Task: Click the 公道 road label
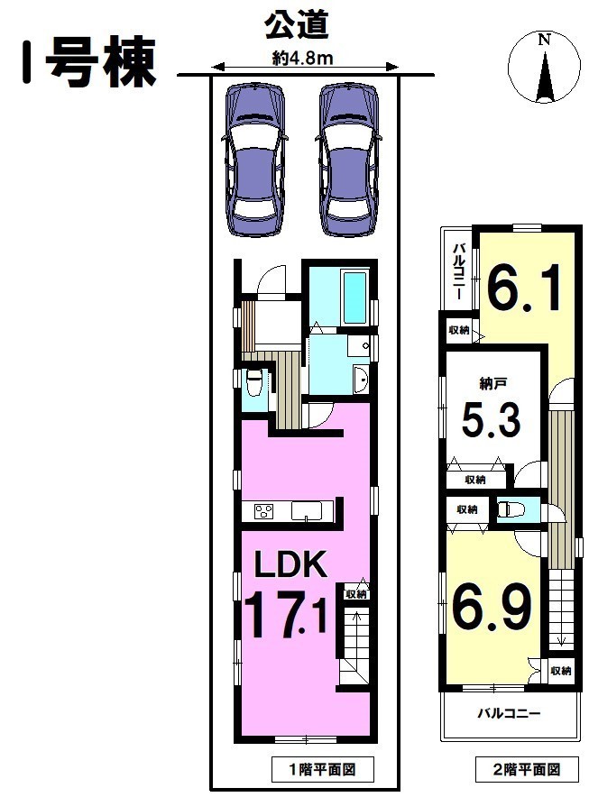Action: coord(297,25)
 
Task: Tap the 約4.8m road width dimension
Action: coord(303,59)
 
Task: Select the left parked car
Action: coord(254,160)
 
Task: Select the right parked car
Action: coord(350,160)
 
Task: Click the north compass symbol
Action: coord(544,67)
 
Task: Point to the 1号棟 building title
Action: coord(88,62)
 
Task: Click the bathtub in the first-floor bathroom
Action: coord(355,298)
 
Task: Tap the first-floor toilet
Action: coord(253,383)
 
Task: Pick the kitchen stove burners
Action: coord(264,511)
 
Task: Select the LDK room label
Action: coord(290,564)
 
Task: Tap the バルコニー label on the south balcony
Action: coord(509,714)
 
